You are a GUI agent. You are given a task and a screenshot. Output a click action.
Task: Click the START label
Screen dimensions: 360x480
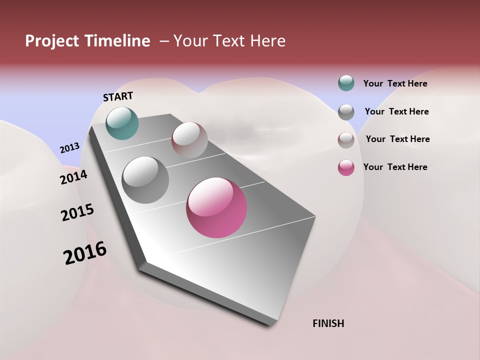[118, 96]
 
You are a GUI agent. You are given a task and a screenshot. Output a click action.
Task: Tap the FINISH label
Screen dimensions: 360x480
[328, 323]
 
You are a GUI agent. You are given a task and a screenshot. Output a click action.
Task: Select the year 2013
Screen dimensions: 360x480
[69, 148]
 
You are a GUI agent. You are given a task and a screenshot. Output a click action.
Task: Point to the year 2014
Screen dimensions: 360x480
[73, 177]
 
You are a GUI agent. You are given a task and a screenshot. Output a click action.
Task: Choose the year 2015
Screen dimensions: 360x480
[77, 212]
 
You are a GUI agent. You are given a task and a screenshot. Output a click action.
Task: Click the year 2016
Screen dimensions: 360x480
[85, 253]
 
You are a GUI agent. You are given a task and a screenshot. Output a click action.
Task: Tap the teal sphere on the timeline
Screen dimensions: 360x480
[122, 123]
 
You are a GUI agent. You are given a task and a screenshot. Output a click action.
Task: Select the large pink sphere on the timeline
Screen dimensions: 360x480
[216, 207]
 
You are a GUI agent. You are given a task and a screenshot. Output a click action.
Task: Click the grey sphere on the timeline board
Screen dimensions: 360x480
[145, 180]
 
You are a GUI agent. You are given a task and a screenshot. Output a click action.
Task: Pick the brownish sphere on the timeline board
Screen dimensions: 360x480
[189, 139]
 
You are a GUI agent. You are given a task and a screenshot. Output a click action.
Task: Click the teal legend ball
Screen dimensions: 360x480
[346, 83]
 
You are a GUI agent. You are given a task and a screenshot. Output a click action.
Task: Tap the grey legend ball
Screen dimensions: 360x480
[346, 112]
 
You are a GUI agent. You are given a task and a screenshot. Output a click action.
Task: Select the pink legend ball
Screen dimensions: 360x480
[346, 167]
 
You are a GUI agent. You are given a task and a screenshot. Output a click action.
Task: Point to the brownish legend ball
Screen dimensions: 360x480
[346, 140]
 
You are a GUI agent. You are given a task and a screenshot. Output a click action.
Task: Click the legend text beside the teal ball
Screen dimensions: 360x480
[395, 84]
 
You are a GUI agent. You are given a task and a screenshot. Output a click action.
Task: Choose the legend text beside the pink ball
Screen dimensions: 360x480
[395, 167]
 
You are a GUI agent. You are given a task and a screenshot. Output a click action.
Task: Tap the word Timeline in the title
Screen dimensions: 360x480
[116, 41]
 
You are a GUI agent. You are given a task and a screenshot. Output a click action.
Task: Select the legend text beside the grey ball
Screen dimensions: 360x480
[396, 111]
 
